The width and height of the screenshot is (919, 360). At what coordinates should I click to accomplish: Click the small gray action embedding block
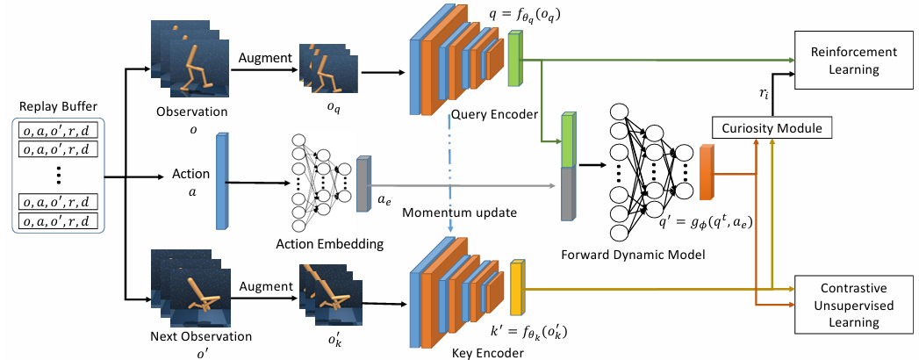pyautogui.click(x=363, y=185)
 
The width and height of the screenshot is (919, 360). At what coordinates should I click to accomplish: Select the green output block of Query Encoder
pyautogui.click(x=515, y=60)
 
